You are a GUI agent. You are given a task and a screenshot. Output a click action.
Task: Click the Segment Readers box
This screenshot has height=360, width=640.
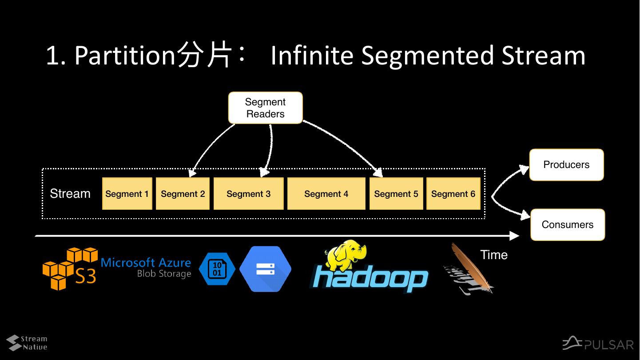265,108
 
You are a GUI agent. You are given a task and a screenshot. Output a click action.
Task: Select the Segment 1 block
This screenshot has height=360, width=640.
127,194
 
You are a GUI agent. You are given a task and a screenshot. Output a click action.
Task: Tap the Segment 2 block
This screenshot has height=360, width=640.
183,194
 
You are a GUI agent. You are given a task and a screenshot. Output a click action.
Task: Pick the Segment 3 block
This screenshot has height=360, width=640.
248,194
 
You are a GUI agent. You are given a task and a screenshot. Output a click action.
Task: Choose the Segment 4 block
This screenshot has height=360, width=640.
326,194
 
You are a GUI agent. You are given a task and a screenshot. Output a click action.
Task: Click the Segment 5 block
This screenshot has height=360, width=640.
396,194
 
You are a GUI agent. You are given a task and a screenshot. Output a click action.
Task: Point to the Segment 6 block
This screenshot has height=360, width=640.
453,194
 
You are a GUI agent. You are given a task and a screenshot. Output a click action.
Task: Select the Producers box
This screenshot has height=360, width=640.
566,165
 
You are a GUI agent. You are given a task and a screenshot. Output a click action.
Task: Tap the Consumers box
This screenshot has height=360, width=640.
567,225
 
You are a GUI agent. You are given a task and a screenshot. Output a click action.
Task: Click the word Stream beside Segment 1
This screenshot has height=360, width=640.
70,194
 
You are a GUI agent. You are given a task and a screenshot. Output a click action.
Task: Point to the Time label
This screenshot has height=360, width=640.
493,255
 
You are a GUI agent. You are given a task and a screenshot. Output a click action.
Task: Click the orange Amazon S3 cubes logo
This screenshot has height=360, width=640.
69,268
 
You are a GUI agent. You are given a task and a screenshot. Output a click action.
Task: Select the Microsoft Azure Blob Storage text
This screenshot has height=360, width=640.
146,268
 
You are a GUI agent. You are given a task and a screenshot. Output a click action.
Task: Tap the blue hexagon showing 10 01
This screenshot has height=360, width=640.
217,269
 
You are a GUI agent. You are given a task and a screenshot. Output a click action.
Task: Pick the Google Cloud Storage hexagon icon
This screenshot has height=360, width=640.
265,269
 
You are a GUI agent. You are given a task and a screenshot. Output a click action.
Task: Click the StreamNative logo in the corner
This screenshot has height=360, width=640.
27,343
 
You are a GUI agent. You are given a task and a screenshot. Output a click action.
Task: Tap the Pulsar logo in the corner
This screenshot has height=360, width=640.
598,344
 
